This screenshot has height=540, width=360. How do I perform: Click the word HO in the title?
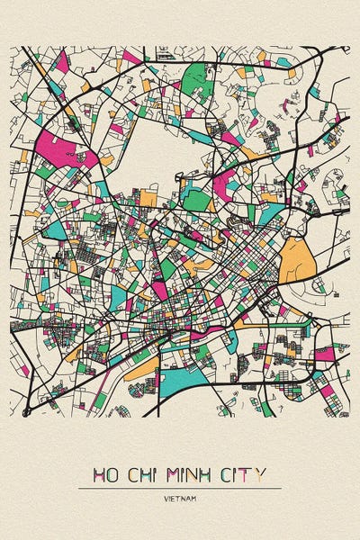coord(104,474)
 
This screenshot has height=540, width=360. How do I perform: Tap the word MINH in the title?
coord(198,474)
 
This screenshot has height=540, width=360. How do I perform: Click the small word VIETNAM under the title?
coord(180,497)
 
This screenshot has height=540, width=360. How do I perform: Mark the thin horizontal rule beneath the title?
coord(180,488)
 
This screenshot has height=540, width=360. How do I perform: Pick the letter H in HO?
coord(96,474)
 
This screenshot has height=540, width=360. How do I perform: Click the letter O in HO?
coord(112,474)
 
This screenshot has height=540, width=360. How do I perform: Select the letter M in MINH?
coord(179,474)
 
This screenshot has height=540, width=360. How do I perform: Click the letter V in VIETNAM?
coord(166,497)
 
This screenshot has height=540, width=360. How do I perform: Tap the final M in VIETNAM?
coord(193,497)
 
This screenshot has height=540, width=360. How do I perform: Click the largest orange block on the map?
coord(296,260)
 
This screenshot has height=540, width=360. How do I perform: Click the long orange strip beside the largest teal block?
coord(139,370)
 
